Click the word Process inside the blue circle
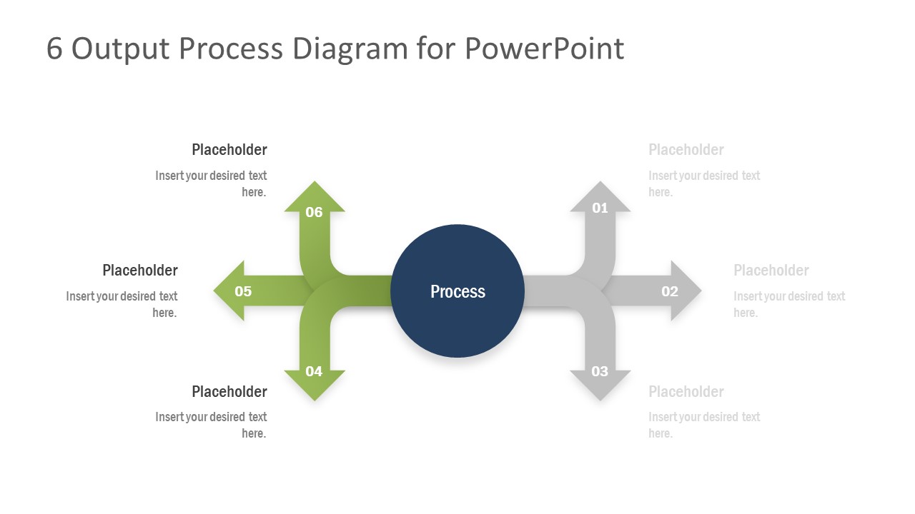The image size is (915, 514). (x=457, y=291)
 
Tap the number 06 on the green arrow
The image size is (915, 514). (x=314, y=212)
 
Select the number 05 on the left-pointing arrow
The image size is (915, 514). (x=243, y=291)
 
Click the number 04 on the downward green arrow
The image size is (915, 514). (x=314, y=371)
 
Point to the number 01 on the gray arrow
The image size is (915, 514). (x=600, y=208)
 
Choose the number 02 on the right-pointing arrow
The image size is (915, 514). (x=669, y=291)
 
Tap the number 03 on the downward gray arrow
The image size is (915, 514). (x=600, y=371)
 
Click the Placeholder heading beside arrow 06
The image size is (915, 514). (x=229, y=150)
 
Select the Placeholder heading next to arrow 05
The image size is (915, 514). (x=139, y=271)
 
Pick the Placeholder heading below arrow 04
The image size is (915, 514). (x=229, y=392)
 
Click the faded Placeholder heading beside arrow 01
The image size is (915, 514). (x=686, y=150)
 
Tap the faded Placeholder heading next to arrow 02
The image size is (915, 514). (x=771, y=271)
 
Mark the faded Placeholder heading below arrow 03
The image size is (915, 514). (x=686, y=392)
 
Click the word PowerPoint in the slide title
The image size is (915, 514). (x=544, y=49)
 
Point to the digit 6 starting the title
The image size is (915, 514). (x=54, y=49)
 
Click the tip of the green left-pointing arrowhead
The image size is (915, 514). (x=215, y=291)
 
